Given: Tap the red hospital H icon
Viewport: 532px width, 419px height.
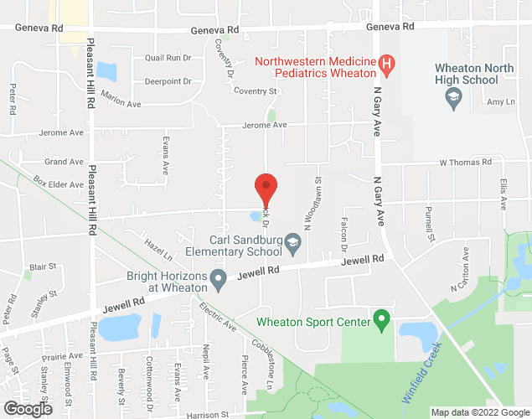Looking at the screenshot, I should [386, 63].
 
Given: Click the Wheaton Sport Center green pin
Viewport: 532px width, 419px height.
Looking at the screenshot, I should [382, 318].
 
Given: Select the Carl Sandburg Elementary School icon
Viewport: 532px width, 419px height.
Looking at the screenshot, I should [292, 244].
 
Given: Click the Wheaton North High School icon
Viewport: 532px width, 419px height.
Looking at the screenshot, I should [453, 99].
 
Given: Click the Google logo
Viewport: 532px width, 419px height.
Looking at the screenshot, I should [27, 409].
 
